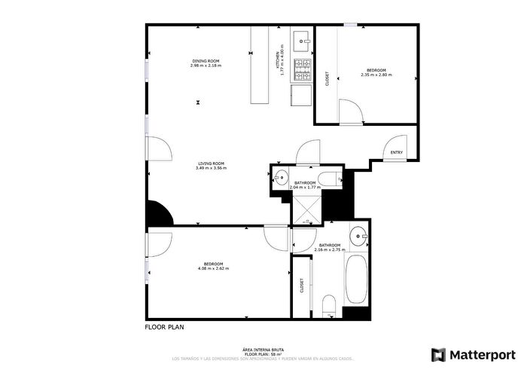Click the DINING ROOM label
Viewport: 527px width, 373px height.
(206, 60)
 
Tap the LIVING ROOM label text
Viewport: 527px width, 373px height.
(211, 164)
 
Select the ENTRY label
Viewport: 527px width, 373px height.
(397, 153)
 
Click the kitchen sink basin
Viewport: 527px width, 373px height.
(301, 38)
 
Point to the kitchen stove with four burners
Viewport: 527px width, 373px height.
(302, 70)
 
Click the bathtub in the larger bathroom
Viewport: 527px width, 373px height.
(356, 280)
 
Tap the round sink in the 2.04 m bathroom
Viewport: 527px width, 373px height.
(278, 179)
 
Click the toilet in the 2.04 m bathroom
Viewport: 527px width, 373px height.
(328, 179)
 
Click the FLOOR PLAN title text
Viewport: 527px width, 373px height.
(163, 328)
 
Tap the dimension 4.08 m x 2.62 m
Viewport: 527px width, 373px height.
(213, 268)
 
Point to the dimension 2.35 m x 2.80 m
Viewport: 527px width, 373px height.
(376, 75)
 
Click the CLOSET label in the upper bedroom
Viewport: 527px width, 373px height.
(326, 79)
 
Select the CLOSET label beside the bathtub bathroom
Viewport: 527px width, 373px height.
(302, 286)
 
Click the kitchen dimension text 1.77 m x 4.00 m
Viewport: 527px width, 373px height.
(281, 60)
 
